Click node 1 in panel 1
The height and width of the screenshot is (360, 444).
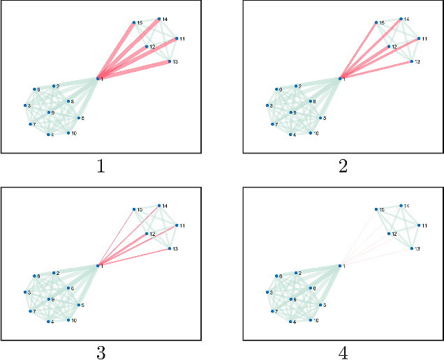(97, 79)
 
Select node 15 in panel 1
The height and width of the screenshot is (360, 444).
(133, 23)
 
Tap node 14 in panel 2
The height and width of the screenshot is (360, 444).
(401, 19)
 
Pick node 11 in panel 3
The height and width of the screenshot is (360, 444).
(177, 225)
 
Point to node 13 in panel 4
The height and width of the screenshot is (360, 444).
(410, 248)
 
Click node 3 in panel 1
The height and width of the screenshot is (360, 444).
(26, 105)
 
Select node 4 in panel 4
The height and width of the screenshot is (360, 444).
(291, 321)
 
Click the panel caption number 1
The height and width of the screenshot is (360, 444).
(101, 166)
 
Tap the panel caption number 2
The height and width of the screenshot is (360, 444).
(343, 166)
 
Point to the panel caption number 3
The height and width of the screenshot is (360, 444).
(101, 353)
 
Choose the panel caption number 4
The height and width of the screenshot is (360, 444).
(343, 353)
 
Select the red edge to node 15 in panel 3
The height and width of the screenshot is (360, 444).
(116, 237)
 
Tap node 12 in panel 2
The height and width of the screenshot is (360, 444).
(388, 46)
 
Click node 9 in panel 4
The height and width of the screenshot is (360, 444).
(291, 299)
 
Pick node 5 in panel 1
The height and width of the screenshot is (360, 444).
(79, 119)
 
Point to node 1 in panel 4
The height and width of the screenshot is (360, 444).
(339, 265)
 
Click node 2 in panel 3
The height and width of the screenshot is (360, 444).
(54, 273)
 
